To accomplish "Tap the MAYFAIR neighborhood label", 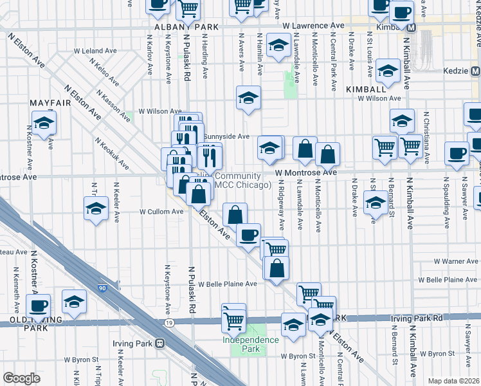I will coord(50,102).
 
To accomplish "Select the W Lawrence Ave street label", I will coord(314,25).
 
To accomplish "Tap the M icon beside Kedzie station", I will coord(475,69).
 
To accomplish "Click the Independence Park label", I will coord(251,344).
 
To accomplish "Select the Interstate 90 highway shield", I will coord(103,289).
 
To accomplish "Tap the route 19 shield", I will coord(169,322).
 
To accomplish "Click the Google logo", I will coord(21,378).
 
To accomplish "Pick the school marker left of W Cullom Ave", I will coord(96,208).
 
